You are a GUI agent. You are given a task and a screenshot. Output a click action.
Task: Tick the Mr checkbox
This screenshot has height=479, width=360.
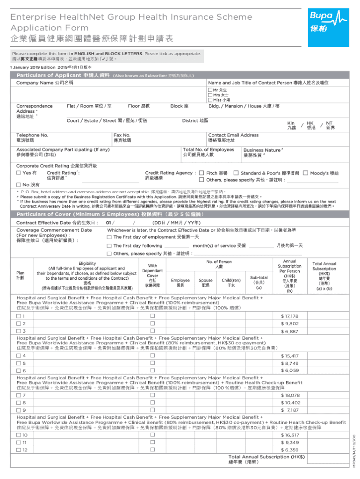tap(210, 90)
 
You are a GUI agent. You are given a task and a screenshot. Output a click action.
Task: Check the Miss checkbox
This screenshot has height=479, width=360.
tap(210, 100)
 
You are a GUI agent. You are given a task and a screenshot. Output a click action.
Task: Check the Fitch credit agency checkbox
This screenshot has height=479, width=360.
tap(202, 173)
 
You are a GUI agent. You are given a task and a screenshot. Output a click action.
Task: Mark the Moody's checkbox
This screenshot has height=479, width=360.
tap(305, 173)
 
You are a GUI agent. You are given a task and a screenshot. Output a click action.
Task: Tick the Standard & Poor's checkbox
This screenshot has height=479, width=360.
tap(236, 173)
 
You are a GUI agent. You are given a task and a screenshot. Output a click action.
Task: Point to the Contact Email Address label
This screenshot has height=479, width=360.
tap(233, 135)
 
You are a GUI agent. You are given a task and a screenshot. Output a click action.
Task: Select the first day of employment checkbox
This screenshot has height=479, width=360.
tap(109, 237)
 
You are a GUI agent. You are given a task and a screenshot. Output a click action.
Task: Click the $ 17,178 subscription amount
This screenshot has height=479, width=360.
tap(289, 316)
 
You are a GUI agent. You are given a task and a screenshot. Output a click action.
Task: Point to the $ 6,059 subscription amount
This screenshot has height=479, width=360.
tap(289, 370)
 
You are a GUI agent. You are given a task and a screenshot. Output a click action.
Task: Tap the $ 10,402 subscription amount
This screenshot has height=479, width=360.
tap(290, 402)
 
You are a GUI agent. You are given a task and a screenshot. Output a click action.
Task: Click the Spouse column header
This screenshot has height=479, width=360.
tap(206, 283)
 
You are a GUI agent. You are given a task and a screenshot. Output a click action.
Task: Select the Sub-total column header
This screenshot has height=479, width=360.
tap(259, 282)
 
